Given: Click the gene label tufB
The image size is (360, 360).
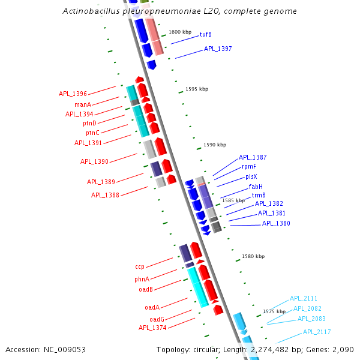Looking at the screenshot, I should pos(206,35).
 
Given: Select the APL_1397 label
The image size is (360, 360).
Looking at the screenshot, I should pos(218,49).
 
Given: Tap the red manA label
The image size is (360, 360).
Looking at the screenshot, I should pos(83,104).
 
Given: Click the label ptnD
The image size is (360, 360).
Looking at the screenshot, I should pos(90,124).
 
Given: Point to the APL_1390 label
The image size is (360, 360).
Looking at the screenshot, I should pos(94,162).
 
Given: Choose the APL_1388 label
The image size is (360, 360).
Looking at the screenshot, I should pos(105,195).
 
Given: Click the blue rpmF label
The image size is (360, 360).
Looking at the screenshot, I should pos(249,167).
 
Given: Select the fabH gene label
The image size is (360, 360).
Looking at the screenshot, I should pos(256,187).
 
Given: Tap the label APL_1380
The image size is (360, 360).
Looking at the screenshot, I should pos(276,224).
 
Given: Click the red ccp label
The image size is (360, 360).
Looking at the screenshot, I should pos(140,266).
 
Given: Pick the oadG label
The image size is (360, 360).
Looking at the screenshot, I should pos(157,319).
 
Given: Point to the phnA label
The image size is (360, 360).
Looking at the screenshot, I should pos(142,280).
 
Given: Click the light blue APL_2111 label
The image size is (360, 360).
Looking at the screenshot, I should pos(304,298).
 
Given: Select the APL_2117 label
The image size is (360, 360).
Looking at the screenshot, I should pos(317,332).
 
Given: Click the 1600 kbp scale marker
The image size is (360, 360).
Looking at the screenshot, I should pos(180,32).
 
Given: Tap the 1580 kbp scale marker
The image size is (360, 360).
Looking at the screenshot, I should pos(253,257).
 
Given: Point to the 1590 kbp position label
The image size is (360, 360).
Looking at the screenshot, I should pos(215,145).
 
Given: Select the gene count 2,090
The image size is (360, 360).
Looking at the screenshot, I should pos(342,350).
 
